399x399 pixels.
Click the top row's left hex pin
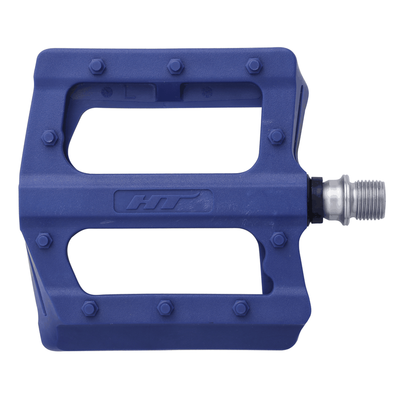(97, 66)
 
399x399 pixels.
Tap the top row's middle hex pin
(175, 66)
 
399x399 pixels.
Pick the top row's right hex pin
(254, 65)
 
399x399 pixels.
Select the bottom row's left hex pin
(89, 308)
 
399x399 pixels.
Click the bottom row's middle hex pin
(165, 308)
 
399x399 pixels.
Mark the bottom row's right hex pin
(241, 308)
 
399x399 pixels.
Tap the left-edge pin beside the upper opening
(50, 137)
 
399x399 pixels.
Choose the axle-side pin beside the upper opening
(276, 136)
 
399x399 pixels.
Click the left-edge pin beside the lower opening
(44, 240)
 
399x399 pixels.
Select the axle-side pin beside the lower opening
(278, 240)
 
